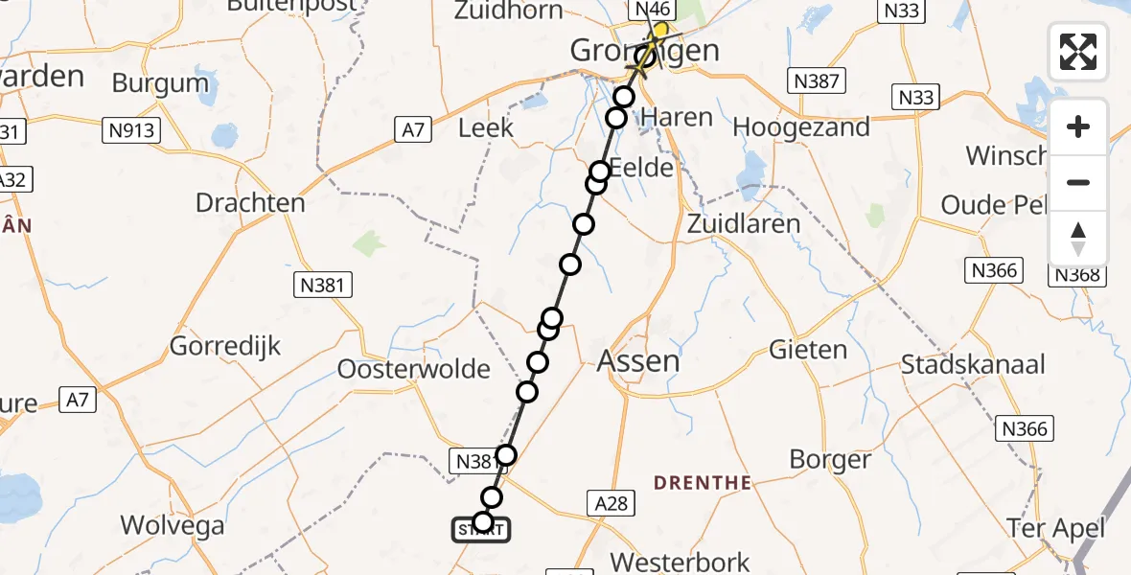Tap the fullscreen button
point(1078,52)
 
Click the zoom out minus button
point(1078,182)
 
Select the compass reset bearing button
point(1078,238)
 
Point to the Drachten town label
point(250,203)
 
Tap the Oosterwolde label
point(414,370)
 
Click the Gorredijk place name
point(225,346)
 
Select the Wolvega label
point(173,525)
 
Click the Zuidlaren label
point(744,224)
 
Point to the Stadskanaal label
point(973,365)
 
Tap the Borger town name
point(830,459)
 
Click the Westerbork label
point(680,561)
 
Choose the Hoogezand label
point(801,126)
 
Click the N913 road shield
point(132,130)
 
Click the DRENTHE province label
point(703,483)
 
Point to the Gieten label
point(808,350)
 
